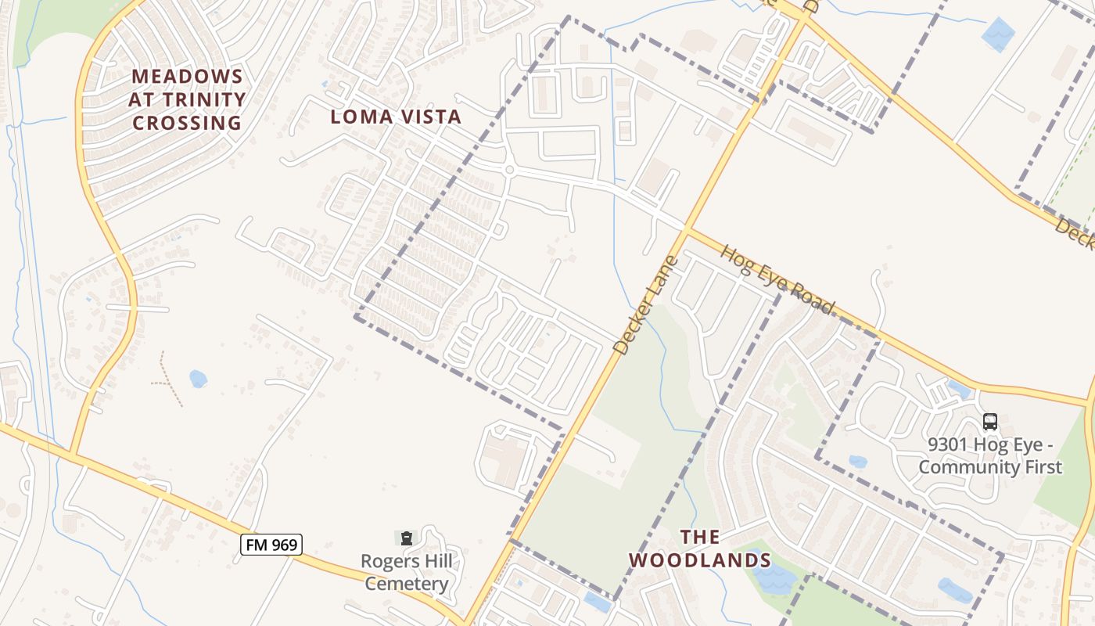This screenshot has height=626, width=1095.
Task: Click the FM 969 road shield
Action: (271, 544)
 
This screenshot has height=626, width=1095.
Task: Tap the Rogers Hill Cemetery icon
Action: (407, 538)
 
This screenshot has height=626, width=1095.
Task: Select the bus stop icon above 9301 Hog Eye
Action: (990, 422)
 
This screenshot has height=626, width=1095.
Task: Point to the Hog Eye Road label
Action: (777, 279)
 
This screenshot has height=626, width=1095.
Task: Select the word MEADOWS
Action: (188, 77)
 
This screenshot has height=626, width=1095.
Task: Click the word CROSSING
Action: (187, 124)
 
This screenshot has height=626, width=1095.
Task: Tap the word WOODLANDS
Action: (700, 560)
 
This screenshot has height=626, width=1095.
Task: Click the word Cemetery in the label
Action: (407, 584)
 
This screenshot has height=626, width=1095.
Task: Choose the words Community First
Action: (990, 468)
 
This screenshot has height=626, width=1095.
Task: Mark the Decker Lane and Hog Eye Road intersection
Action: (687, 228)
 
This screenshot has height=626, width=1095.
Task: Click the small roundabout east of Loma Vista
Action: (509, 169)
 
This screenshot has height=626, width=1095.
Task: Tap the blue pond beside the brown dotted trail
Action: (198, 380)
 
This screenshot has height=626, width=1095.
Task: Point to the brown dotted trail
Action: (167, 380)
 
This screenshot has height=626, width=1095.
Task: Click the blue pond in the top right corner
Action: (998, 34)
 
